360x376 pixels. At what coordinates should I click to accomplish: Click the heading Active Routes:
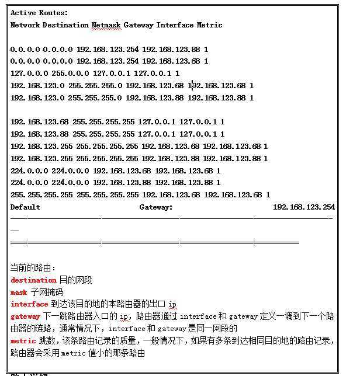coord(39,12)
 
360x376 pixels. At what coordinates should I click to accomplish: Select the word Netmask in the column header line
coord(105,25)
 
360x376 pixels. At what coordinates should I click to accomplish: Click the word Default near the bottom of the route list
coord(25,207)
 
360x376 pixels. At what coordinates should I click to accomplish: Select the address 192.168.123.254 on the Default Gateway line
coord(304,207)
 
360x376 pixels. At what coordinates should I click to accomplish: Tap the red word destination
coord(33,280)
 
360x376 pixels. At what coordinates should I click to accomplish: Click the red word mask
coord(19,293)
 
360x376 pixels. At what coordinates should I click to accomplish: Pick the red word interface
coord(29,304)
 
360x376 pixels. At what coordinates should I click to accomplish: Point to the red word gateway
coord(25,316)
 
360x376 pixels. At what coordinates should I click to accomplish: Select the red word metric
coord(23,341)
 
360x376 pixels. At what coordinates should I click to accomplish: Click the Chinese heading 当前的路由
coord(33,268)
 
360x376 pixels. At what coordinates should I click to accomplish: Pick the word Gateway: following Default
coord(155,207)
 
